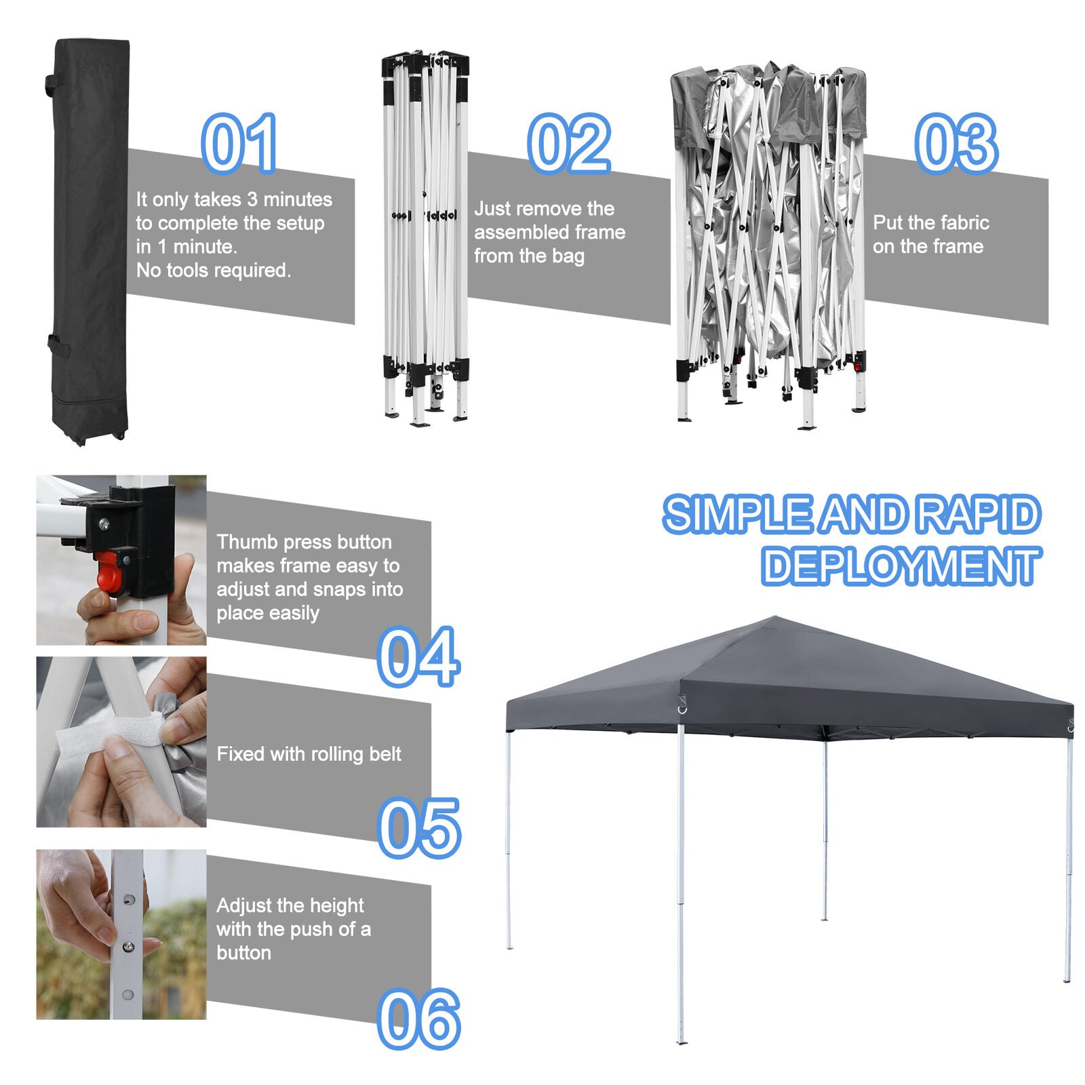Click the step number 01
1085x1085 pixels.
(239, 144)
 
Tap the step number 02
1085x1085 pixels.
(569, 144)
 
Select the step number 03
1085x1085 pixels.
(956, 144)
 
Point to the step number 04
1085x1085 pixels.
(418, 656)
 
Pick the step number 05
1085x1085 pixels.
(418, 828)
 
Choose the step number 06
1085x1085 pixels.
(418, 1019)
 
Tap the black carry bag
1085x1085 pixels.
(90, 241)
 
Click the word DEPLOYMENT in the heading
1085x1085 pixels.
(901, 566)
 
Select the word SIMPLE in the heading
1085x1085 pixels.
(737, 514)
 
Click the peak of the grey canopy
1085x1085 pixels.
(774, 617)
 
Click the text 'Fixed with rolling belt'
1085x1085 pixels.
(309, 754)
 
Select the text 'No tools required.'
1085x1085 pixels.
(214, 271)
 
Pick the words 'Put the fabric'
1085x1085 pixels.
(931, 222)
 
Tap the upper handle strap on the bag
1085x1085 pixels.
(52, 84)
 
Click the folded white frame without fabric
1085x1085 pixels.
(425, 237)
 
